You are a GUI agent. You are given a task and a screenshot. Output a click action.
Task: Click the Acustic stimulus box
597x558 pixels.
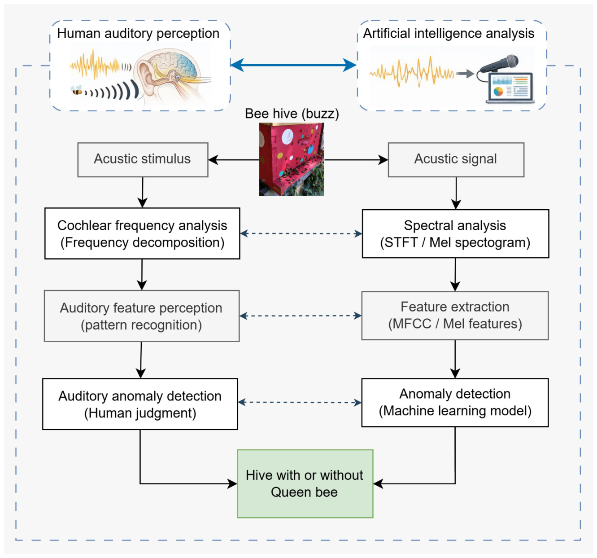(x=143, y=159)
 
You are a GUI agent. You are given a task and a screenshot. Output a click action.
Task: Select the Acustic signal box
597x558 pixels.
(x=456, y=159)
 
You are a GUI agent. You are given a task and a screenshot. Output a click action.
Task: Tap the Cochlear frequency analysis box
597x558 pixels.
(x=142, y=233)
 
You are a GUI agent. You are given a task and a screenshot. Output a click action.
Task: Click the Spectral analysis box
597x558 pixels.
(x=455, y=233)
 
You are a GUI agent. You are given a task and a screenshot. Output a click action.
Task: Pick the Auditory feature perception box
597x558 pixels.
(x=142, y=316)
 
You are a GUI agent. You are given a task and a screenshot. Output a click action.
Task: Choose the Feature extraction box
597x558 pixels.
(x=455, y=316)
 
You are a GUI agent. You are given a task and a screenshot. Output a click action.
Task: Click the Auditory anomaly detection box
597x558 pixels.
(x=140, y=404)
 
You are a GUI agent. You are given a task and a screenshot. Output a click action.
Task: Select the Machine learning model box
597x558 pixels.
(x=455, y=402)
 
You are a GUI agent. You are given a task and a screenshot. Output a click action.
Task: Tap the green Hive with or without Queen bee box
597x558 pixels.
(x=305, y=483)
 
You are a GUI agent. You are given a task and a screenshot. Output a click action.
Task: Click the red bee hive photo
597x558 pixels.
(x=292, y=159)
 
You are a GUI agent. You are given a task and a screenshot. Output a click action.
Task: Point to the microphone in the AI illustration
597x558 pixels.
(x=499, y=64)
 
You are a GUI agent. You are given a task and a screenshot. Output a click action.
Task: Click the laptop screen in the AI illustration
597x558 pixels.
(x=510, y=87)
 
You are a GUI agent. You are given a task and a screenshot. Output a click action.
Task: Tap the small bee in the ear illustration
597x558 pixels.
(x=77, y=90)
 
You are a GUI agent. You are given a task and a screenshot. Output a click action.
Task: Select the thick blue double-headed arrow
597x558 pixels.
(x=294, y=65)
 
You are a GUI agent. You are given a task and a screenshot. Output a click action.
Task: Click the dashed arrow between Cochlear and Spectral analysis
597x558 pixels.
(x=301, y=233)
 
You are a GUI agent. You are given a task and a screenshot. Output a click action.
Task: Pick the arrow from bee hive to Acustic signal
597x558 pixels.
(x=356, y=160)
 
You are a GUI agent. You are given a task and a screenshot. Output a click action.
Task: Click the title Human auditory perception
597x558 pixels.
(x=138, y=33)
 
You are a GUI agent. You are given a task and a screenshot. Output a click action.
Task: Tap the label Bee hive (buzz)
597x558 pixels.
(x=292, y=114)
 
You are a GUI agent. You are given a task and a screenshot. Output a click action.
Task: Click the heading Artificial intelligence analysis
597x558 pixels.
(x=449, y=33)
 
